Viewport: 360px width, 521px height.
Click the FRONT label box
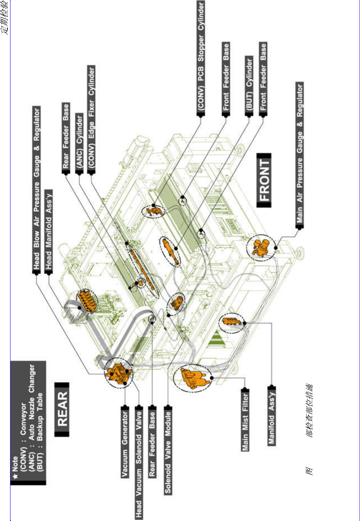point(264,180)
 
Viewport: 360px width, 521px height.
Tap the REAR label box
point(62,409)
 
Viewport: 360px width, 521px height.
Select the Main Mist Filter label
point(245,421)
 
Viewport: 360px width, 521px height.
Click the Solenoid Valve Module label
point(168,450)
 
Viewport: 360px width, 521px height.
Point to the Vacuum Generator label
point(125,442)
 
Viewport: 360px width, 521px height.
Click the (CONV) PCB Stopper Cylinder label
point(201,58)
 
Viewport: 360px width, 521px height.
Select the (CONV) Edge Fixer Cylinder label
point(92,118)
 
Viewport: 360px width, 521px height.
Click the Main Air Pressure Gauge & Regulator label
point(299,153)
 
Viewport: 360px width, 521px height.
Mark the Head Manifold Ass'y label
point(49,231)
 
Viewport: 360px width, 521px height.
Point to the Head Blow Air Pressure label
point(36,190)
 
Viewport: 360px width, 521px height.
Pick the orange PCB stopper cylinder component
point(154,210)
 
